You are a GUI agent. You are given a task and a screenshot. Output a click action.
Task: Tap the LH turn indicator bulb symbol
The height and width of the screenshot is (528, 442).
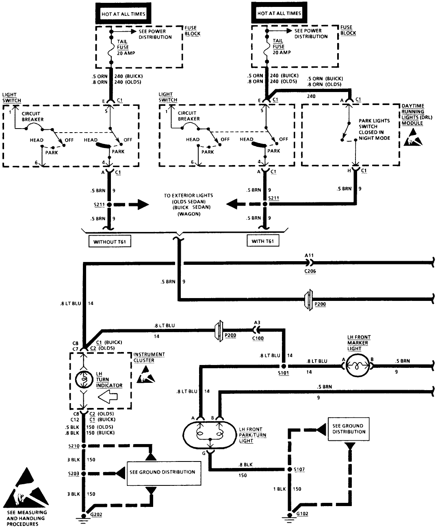(x=84, y=380)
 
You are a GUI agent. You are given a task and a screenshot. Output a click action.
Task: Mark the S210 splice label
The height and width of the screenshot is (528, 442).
(x=74, y=446)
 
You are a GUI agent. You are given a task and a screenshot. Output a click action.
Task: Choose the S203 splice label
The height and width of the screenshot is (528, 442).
(x=74, y=473)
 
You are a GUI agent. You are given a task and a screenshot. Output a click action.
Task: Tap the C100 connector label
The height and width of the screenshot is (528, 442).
(x=257, y=337)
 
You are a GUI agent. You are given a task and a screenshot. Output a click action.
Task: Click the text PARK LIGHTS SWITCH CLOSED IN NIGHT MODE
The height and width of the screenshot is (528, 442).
(x=374, y=129)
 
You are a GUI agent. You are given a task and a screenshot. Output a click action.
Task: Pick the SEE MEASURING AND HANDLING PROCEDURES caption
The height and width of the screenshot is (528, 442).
(x=27, y=518)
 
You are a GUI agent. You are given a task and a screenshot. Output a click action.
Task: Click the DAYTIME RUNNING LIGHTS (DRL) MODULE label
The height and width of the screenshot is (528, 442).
(x=413, y=114)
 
